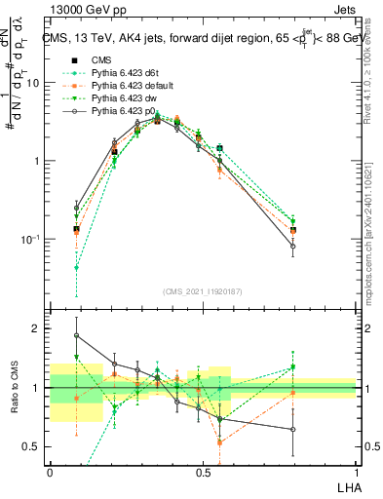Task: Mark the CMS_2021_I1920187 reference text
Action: [x=203, y=289]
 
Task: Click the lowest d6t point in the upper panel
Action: [x=76, y=267]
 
